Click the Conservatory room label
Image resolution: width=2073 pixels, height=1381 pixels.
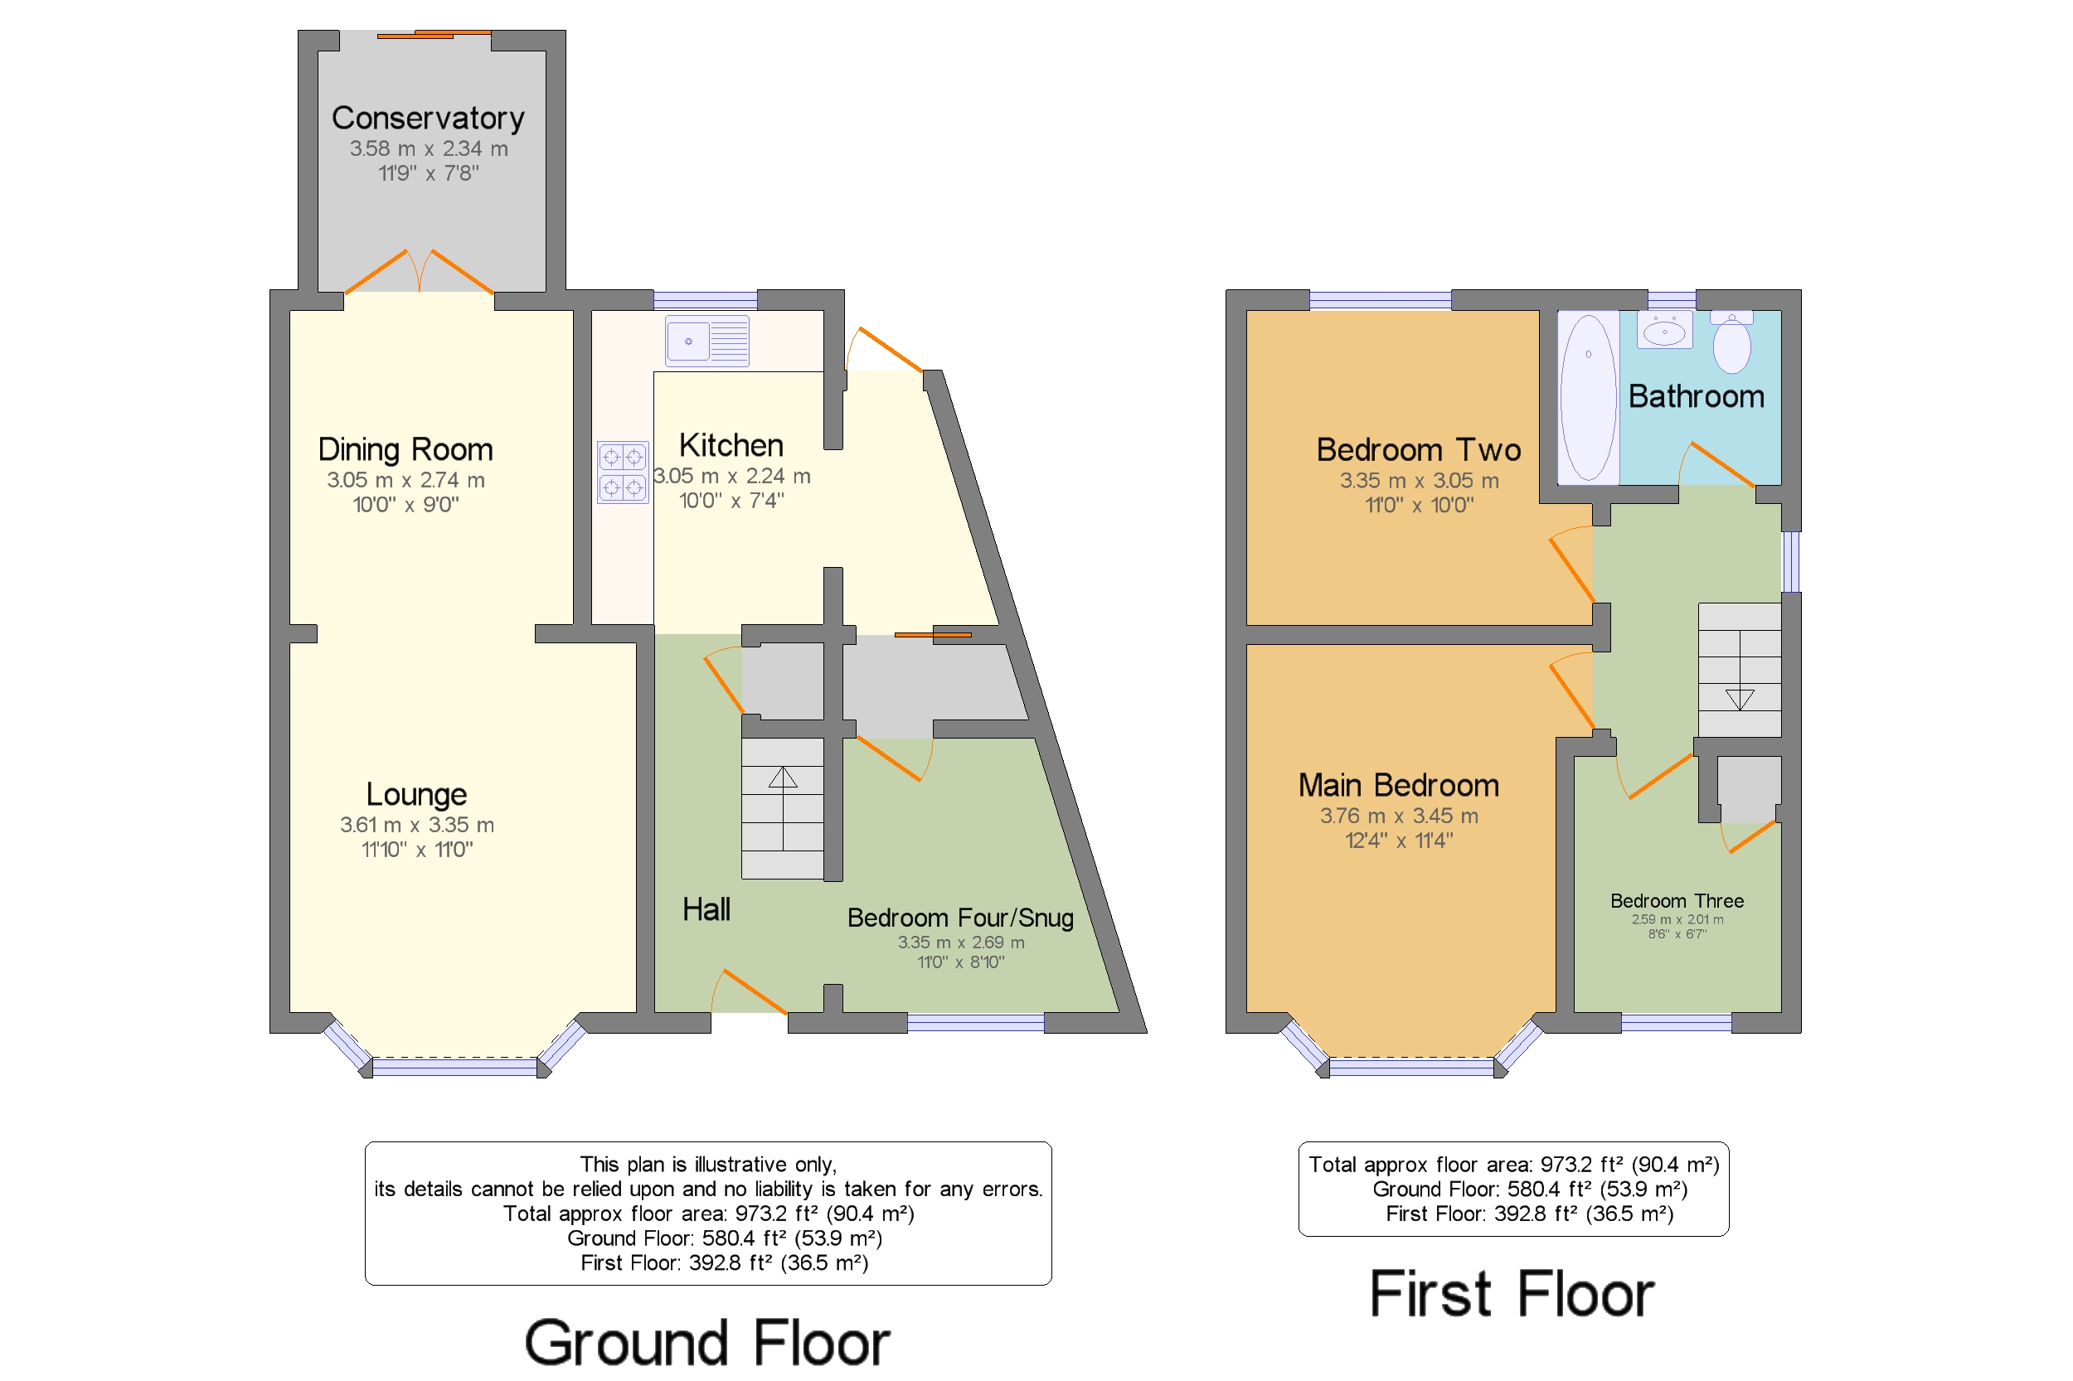pyautogui.click(x=427, y=118)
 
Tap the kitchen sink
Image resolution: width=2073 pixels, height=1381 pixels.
pyautogui.click(x=706, y=341)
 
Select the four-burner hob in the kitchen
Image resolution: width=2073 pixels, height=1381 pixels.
pyautogui.click(x=623, y=472)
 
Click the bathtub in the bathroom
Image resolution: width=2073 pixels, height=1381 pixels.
pyautogui.click(x=1588, y=397)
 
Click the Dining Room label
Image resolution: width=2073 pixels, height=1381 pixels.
pyautogui.click(x=405, y=450)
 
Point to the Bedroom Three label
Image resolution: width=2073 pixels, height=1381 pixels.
pyautogui.click(x=1677, y=901)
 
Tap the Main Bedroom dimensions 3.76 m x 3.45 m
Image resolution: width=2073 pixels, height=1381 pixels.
pyautogui.click(x=1398, y=816)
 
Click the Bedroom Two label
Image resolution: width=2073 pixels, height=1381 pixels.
pyautogui.click(x=1419, y=450)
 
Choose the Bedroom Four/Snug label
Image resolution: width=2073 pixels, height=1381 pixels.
pyautogui.click(x=960, y=918)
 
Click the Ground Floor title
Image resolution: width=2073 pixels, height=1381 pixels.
pyautogui.click(x=707, y=1343)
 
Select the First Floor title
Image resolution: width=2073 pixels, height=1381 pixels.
pyautogui.click(x=1512, y=1294)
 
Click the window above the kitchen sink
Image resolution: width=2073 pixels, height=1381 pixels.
pyautogui.click(x=705, y=300)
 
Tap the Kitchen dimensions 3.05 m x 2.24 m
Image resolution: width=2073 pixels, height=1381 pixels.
pyautogui.click(x=731, y=477)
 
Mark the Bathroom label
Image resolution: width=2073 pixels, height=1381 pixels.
pyautogui.click(x=1696, y=397)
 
